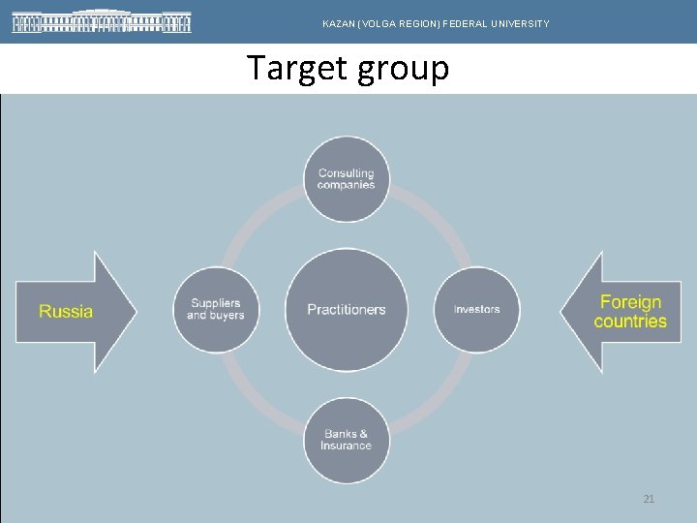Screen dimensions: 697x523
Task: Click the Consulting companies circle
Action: click(x=346, y=179)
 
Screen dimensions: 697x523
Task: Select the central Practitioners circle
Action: click(x=346, y=310)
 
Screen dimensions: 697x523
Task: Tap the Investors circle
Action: click(x=476, y=310)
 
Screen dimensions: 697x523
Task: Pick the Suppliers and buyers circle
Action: click(x=216, y=310)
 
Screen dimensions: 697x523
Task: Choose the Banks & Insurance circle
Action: click(x=346, y=441)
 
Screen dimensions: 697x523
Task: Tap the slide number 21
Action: click(x=649, y=499)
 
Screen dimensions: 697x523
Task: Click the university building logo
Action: click(x=102, y=21)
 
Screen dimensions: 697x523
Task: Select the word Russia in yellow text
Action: click(x=66, y=311)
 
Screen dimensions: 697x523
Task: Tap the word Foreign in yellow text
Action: click(x=630, y=302)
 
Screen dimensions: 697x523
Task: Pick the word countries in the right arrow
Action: click(x=630, y=322)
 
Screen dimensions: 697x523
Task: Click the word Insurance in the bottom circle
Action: click(x=346, y=446)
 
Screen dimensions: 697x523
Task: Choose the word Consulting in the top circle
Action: click(x=346, y=173)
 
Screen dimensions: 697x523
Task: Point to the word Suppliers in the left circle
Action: click(x=216, y=304)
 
